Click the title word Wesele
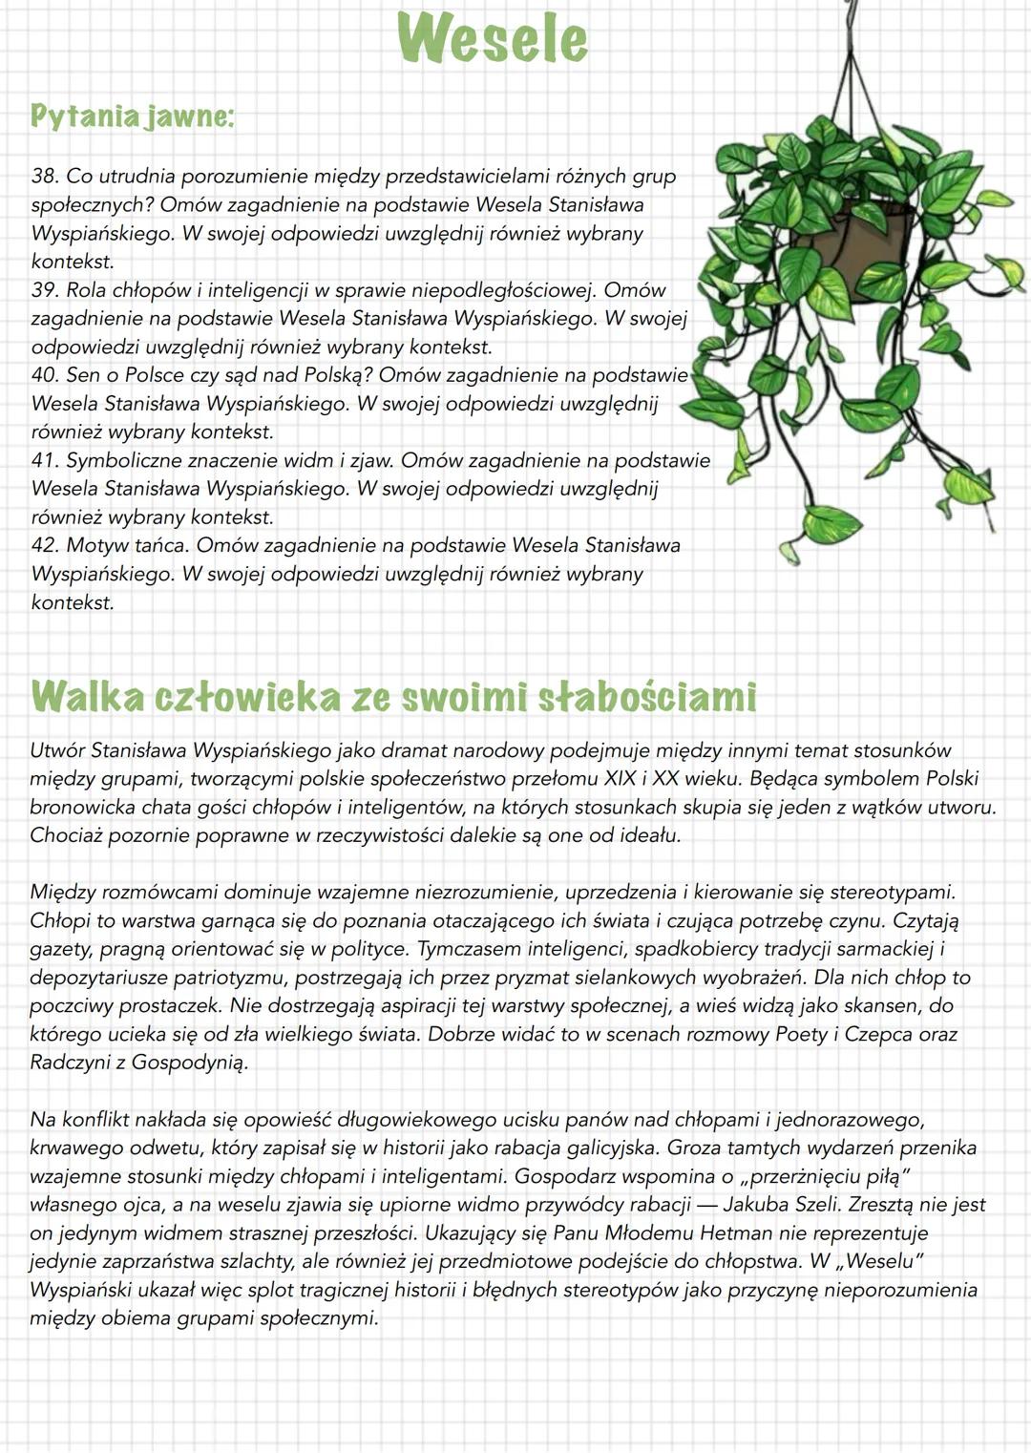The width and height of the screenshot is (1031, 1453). [492, 40]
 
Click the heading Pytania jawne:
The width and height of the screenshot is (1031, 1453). [132, 116]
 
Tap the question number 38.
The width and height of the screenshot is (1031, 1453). [44, 177]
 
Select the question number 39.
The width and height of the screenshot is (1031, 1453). [44, 290]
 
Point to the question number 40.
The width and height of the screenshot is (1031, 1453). [45, 375]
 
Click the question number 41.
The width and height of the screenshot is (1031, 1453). [44, 460]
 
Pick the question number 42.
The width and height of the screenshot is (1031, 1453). [44, 546]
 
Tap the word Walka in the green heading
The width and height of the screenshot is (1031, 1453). [86, 697]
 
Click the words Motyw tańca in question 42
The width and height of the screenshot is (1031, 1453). [126, 546]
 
